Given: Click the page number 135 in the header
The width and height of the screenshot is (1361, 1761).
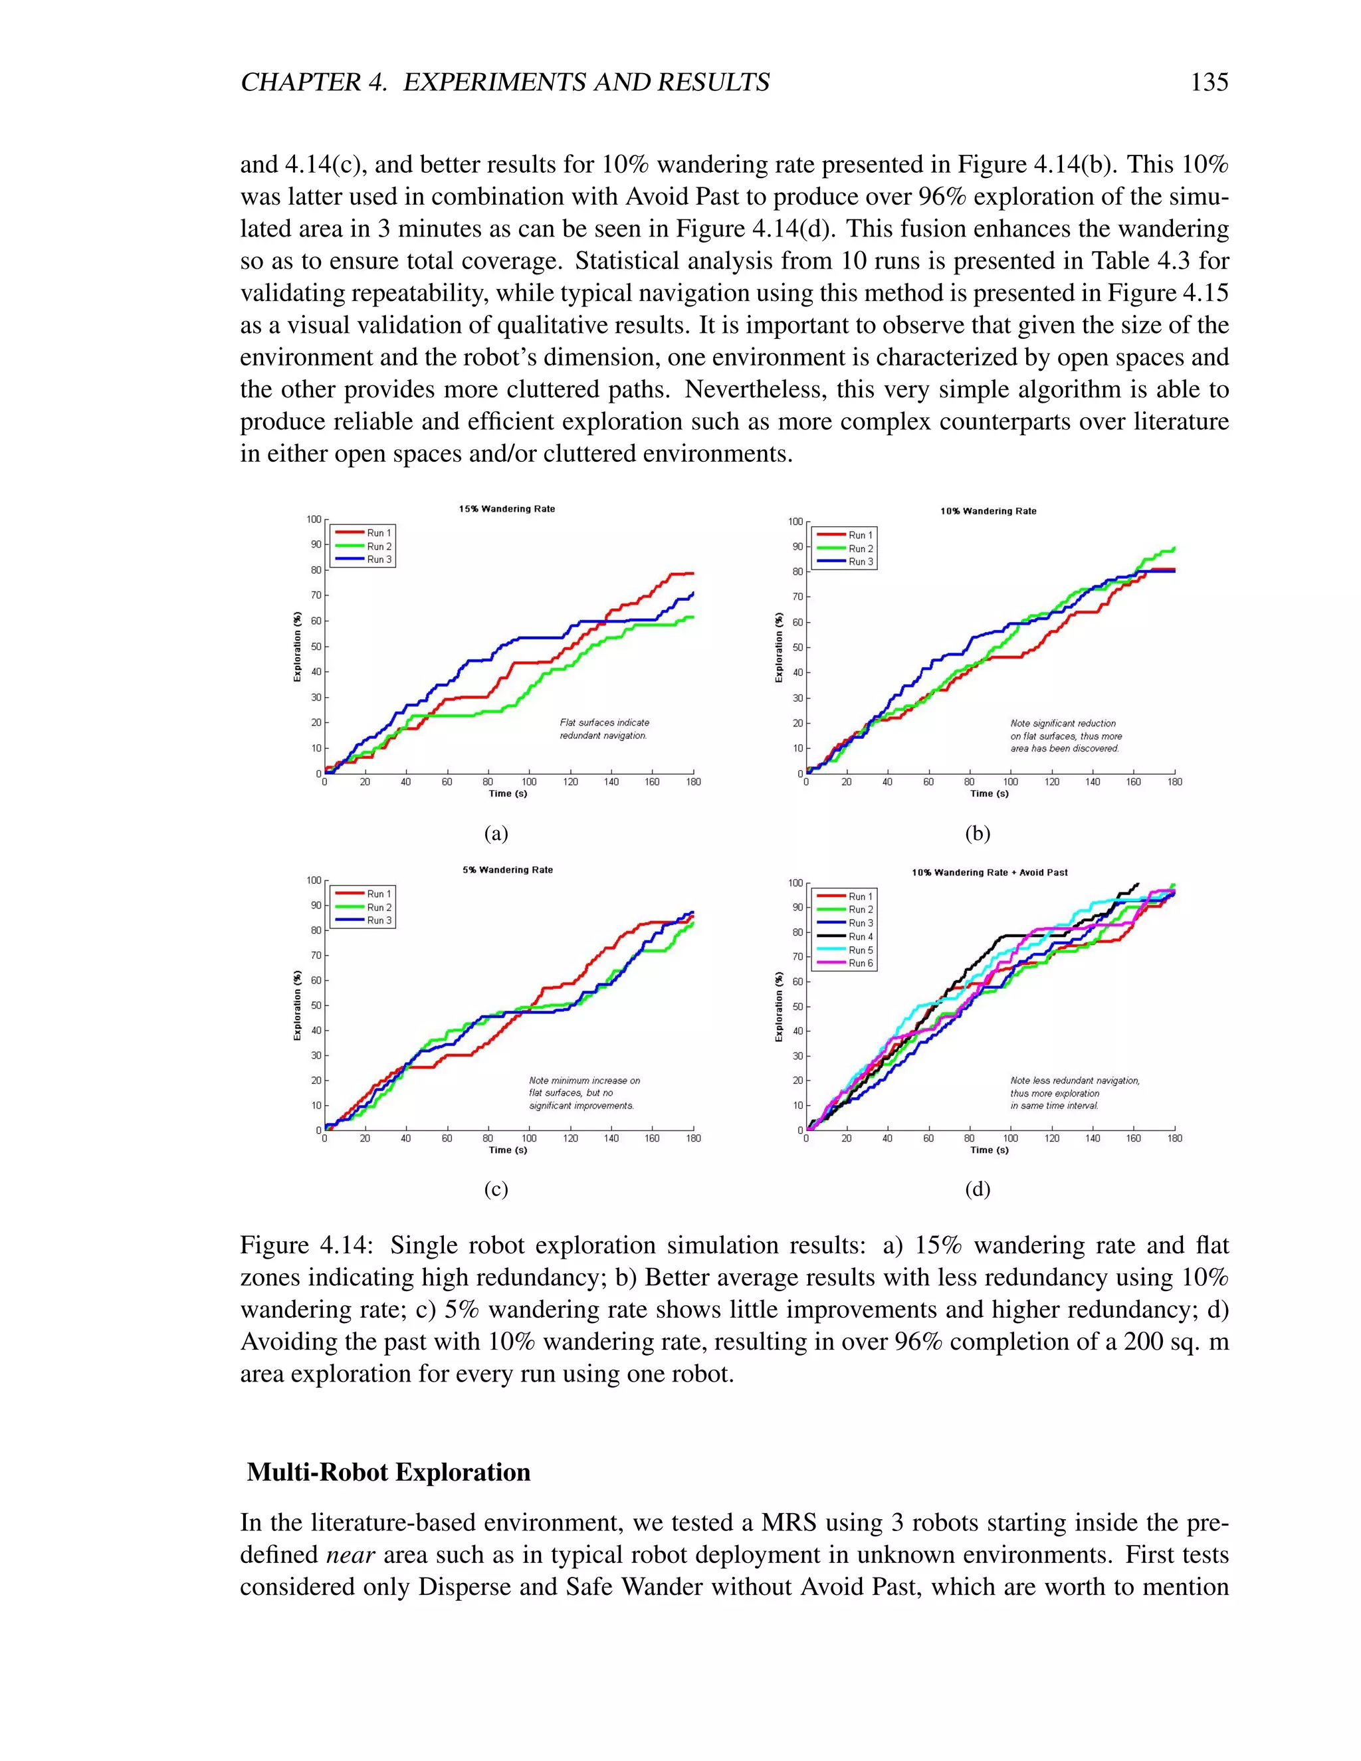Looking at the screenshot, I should [x=1209, y=82].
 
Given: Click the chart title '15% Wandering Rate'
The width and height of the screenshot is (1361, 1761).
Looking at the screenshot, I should [x=507, y=509].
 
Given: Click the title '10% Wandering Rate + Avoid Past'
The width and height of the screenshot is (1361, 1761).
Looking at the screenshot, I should [x=990, y=873].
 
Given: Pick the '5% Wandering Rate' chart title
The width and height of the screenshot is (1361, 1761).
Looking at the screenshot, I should [x=507, y=870].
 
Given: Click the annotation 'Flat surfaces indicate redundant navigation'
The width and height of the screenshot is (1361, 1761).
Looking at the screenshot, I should [x=604, y=729].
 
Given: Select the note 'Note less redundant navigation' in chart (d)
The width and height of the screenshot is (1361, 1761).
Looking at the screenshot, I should [x=1074, y=1081].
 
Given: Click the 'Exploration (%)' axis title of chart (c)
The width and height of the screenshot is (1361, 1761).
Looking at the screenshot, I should [x=296, y=1005].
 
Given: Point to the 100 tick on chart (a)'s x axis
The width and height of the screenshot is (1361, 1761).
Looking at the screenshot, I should [x=529, y=781].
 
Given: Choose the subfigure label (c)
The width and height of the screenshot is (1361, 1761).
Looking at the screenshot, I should [x=496, y=1190].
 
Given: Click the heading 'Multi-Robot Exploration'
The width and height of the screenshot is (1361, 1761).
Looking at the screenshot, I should [x=389, y=1473].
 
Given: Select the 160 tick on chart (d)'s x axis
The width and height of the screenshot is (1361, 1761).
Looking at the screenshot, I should [x=1134, y=1138].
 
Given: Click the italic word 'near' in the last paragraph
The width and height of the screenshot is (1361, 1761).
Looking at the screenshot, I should [x=352, y=1554].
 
